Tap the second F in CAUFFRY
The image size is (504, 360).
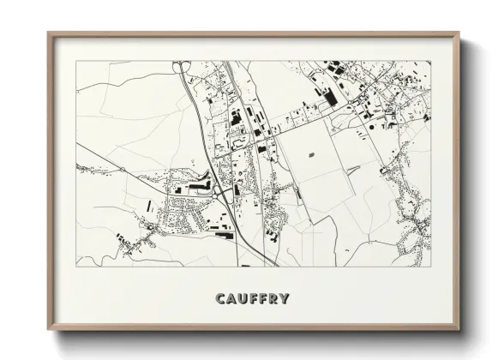pos(265,299)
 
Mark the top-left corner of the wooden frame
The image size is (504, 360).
pos(48,33)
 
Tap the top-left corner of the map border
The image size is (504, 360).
pos(77,61)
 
